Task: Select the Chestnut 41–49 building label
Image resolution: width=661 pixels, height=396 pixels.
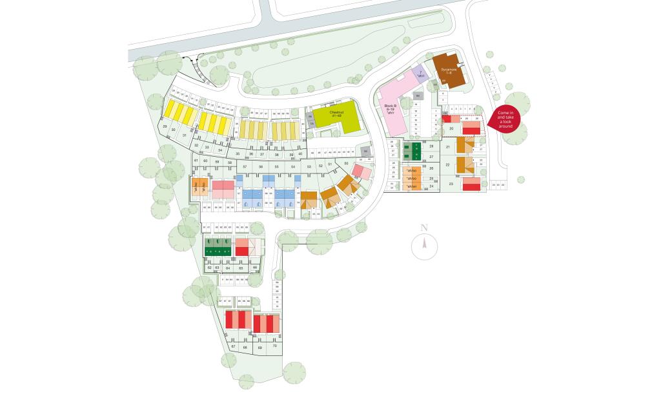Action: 336,114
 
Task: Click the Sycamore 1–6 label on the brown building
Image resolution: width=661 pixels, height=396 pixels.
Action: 449,70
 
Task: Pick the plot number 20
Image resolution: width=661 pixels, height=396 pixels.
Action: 452,129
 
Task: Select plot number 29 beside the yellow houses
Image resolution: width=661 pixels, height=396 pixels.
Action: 165,127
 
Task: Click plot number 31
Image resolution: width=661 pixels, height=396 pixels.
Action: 185,135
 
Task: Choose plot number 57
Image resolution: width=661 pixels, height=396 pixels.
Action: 245,167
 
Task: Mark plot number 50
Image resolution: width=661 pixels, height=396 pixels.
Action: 346,164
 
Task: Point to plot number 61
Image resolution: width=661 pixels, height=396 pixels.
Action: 196,160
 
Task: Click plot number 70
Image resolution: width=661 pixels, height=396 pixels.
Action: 275,346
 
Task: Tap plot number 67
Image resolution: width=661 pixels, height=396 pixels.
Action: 233,346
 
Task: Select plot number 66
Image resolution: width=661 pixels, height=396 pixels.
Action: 255,267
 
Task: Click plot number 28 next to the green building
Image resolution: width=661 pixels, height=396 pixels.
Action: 431,147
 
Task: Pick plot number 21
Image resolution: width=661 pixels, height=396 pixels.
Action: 447,147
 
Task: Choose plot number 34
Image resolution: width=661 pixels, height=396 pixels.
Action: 220,150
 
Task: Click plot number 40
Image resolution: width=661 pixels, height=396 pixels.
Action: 300,154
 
